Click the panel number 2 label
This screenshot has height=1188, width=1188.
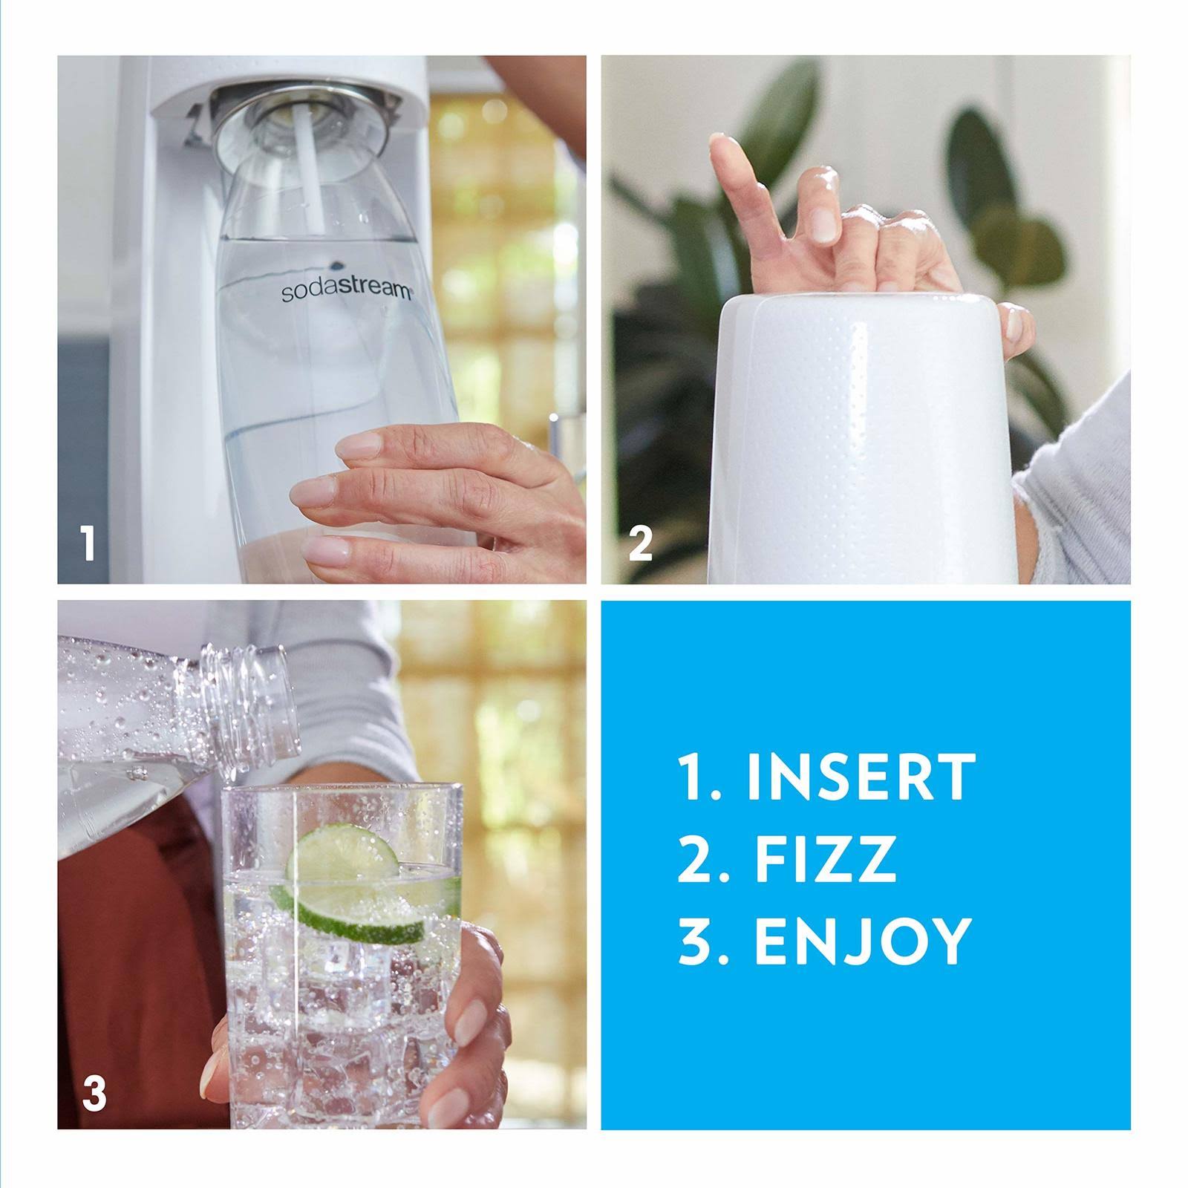point(640,544)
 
